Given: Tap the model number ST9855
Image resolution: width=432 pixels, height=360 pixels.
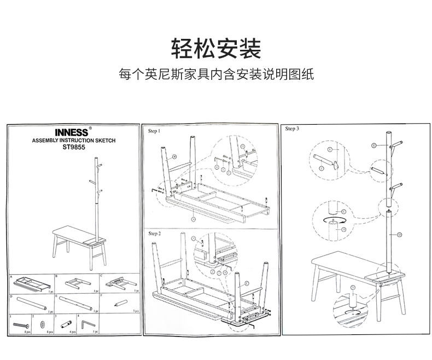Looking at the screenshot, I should (x=74, y=147).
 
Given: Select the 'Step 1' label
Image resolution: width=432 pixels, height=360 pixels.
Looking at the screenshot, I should (x=155, y=131).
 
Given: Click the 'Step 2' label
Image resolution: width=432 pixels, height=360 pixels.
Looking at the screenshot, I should (x=155, y=234).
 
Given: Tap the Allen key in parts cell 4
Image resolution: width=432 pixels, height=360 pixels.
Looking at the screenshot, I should (x=86, y=324).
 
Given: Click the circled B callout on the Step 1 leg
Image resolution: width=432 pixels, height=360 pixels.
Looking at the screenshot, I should (x=174, y=156).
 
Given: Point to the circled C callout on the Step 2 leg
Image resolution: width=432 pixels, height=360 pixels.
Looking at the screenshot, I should (x=246, y=283).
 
